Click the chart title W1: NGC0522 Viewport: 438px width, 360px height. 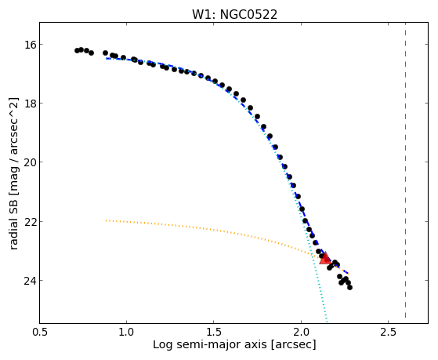tap(234, 15)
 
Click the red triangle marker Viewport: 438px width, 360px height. tap(325, 258)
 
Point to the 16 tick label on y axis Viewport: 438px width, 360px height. tap(30, 45)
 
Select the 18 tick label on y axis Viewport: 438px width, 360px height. tap(30, 104)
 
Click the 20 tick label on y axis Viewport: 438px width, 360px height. tap(30, 162)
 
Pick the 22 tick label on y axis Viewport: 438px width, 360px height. tap(30, 221)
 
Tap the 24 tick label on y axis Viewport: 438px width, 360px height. tap(30, 280)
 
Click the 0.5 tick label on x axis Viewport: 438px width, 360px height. tap(40, 332)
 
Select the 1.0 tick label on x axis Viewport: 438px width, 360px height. tap(126, 332)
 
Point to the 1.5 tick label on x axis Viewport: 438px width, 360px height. tap(214, 332)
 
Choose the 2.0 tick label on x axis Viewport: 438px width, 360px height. tap(301, 332)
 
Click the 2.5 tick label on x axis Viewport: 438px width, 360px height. tap(388, 332)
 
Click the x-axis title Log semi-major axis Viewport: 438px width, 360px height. tap(209, 344)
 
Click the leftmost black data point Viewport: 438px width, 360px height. tap(77, 51)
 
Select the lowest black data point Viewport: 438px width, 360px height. tap(349, 287)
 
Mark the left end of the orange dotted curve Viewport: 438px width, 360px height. tap(106, 220)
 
